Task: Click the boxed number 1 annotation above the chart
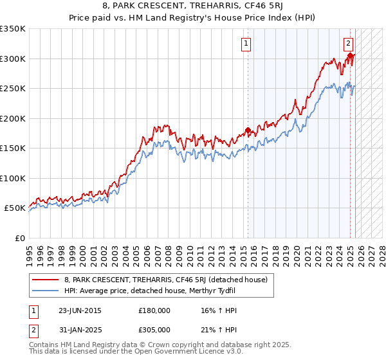247,44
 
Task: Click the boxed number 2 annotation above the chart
348,44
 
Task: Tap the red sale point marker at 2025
351,56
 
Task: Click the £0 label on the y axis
19,238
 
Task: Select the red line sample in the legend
45,279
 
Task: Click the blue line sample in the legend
45,290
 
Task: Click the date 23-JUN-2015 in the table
80,310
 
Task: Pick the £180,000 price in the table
154,310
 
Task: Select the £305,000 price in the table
154,330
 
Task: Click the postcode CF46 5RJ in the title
265,8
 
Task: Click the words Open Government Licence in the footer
187,351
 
